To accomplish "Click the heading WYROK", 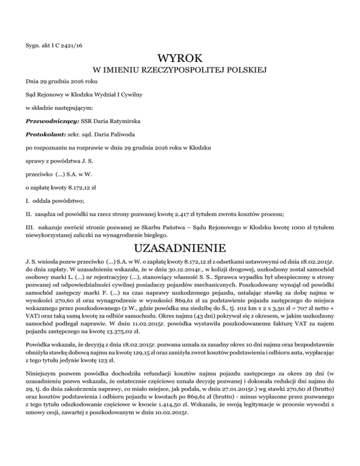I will [x=180, y=59].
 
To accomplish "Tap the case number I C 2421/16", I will [x=69, y=45].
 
